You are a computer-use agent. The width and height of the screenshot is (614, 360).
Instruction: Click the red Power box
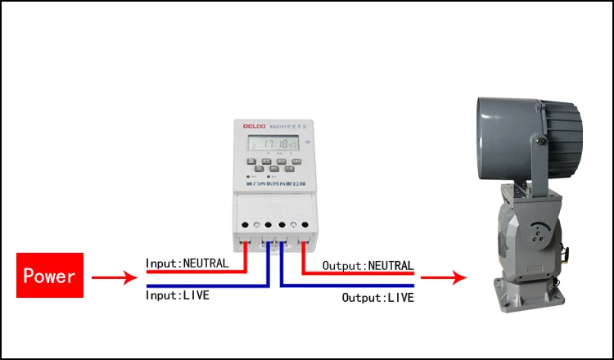[x=50, y=275]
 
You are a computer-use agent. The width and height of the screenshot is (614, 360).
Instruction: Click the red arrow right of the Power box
[x=114, y=278]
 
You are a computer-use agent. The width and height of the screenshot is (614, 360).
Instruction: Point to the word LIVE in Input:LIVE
[x=194, y=295]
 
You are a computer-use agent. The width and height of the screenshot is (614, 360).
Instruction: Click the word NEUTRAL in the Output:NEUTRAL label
[x=388, y=266]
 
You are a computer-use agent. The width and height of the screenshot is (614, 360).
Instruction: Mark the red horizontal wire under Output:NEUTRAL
[x=360, y=272]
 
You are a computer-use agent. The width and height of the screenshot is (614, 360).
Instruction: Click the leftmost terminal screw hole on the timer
[x=246, y=224]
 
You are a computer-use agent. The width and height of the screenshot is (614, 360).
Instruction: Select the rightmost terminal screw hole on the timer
[x=305, y=224]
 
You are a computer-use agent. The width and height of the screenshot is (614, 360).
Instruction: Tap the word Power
[x=50, y=275]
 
